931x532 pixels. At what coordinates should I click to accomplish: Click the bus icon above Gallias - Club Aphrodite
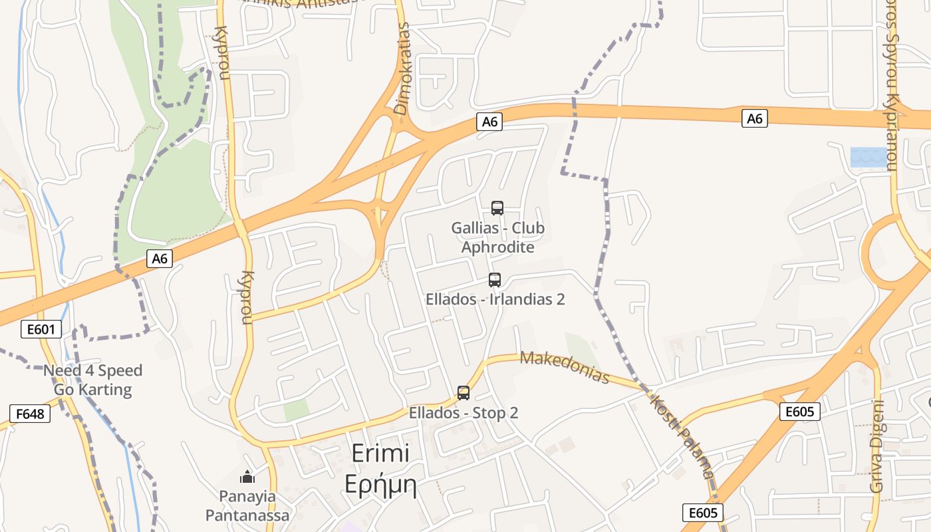[497, 208]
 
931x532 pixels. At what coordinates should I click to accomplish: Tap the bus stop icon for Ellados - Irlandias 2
[495, 280]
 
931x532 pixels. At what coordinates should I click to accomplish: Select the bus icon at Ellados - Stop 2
[464, 393]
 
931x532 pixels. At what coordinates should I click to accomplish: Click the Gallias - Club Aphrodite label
[497, 237]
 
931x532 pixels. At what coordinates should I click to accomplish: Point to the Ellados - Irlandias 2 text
[495, 299]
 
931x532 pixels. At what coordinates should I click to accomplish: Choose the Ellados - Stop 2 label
[464, 413]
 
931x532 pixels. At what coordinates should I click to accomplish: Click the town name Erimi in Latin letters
[380, 454]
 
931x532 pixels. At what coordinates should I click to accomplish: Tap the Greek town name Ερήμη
[380, 485]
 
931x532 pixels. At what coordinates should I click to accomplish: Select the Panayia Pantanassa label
[247, 506]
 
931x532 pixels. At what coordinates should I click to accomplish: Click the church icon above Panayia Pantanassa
[247, 477]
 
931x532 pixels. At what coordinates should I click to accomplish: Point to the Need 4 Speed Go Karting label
[93, 380]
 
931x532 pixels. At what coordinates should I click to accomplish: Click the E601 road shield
[41, 329]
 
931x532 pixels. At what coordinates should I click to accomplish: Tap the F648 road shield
[30, 414]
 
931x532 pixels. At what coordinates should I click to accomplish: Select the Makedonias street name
[565, 367]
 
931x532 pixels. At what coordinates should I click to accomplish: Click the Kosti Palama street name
[681, 436]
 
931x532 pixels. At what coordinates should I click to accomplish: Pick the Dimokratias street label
[403, 69]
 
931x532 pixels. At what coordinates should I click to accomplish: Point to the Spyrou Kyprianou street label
[891, 86]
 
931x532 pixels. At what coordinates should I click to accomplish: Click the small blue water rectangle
[868, 158]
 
